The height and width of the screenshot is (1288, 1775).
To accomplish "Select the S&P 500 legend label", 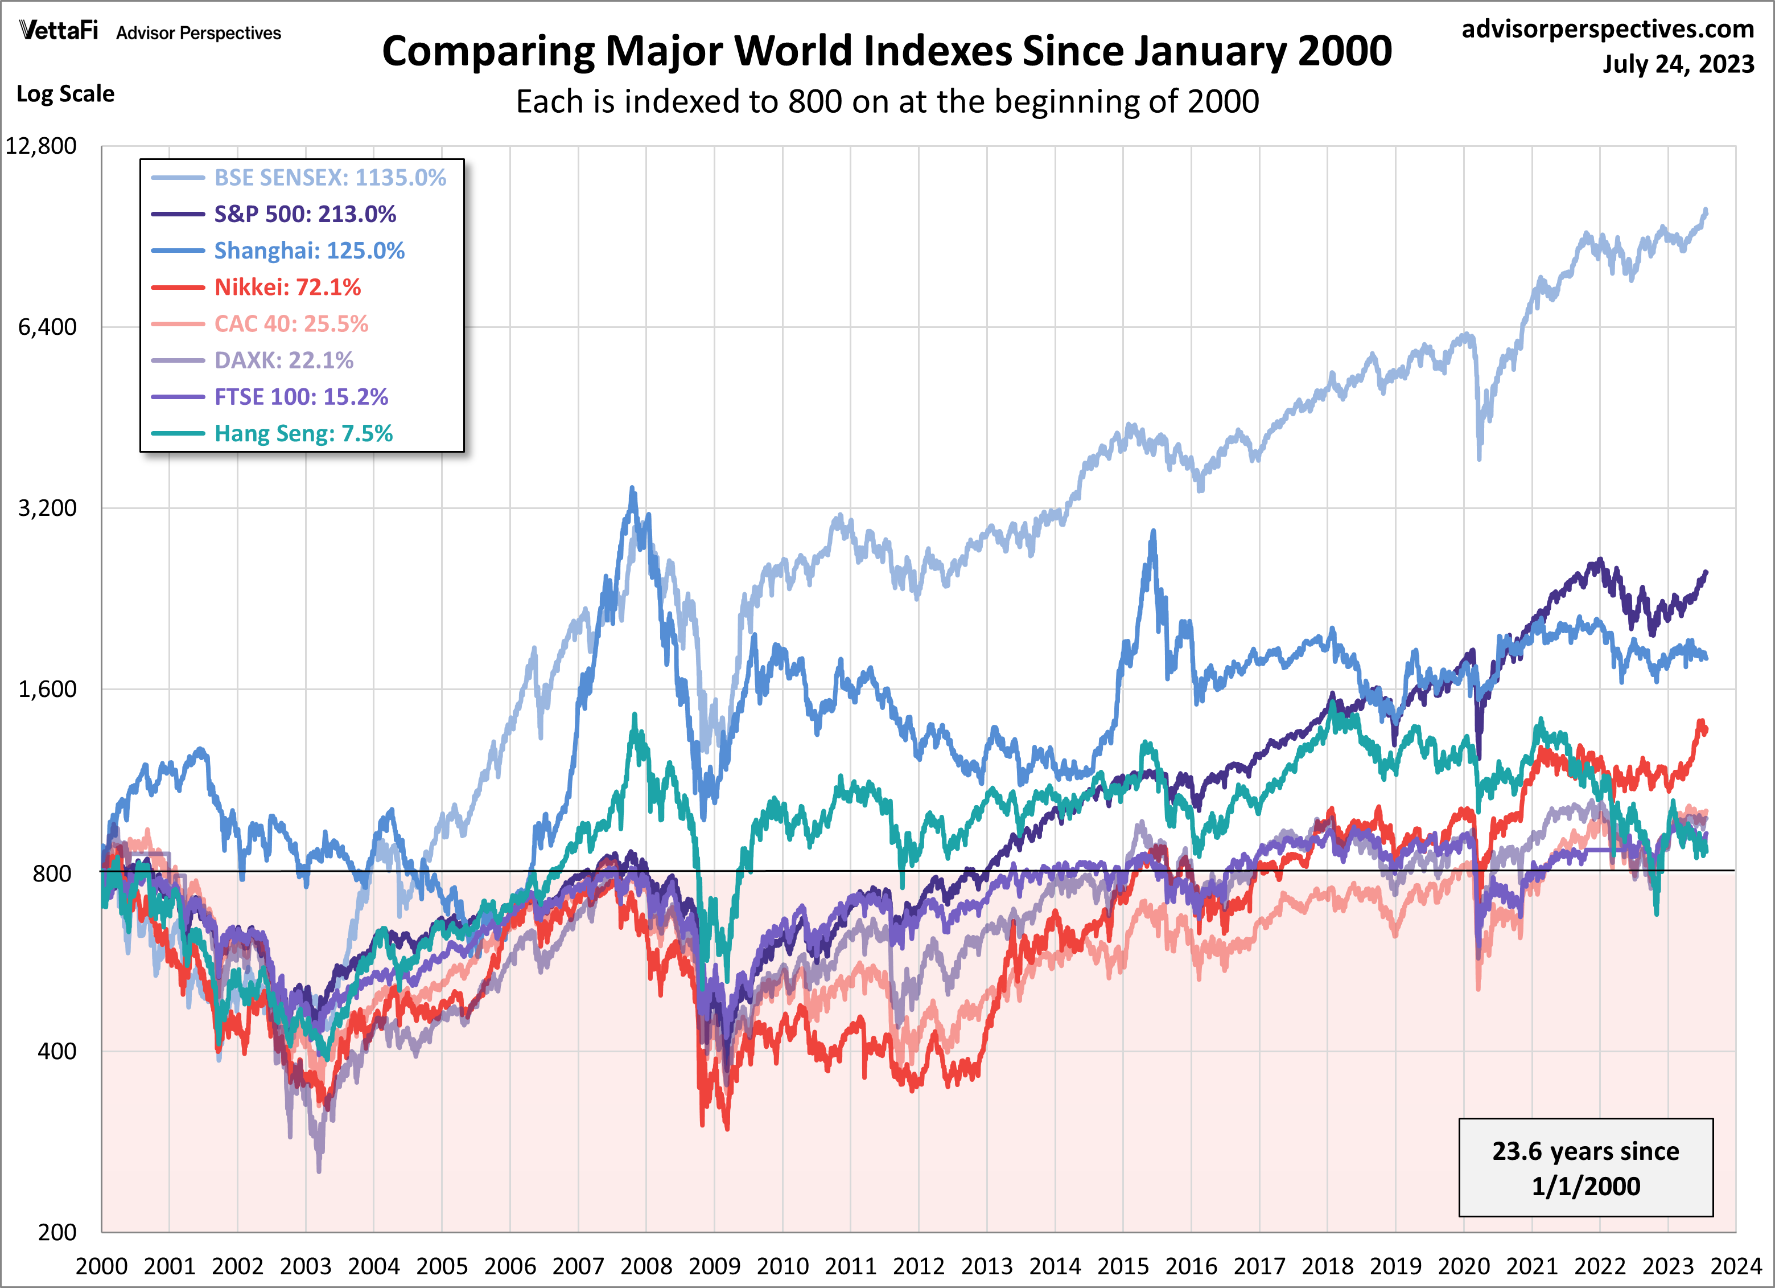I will click(x=304, y=214).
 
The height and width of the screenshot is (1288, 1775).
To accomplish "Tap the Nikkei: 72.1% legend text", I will click(x=287, y=288).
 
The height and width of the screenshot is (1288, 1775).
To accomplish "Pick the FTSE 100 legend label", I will click(x=300, y=397).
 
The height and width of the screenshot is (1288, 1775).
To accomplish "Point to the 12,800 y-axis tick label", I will click(x=42, y=146).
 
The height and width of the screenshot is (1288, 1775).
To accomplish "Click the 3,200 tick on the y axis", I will click(x=48, y=508).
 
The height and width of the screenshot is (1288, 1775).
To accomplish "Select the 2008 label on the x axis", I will click(x=646, y=1266).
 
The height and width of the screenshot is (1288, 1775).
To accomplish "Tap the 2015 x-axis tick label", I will click(x=1122, y=1266).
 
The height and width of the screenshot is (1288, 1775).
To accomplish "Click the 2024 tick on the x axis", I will click(x=1736, y=1266).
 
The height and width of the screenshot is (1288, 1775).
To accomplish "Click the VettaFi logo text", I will click(x=59, y=31).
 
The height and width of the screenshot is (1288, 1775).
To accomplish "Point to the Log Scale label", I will click(x=66, y=94).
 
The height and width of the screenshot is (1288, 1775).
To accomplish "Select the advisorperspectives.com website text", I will click(x=1608, y=29).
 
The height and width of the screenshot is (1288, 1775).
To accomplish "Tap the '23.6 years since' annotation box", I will click(x=1585, y=1167).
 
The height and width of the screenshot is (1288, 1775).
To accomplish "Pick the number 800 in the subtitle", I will click(x=815, y=102).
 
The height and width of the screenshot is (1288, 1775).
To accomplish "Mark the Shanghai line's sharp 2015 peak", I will click(x=1153, y=532).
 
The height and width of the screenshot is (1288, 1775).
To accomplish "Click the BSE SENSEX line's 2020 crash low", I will click(x=1479, y=458).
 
